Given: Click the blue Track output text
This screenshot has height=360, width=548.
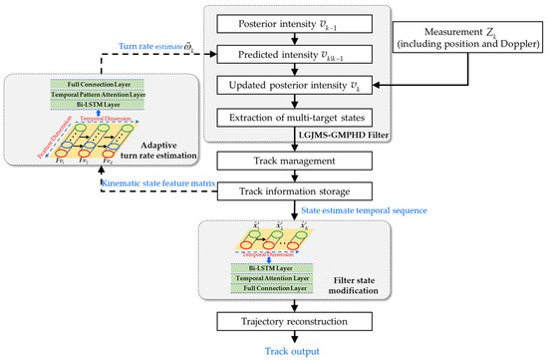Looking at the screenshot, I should tap(295, 351).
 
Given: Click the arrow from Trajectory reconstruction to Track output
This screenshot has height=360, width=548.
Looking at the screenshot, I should tap(295, 339).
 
